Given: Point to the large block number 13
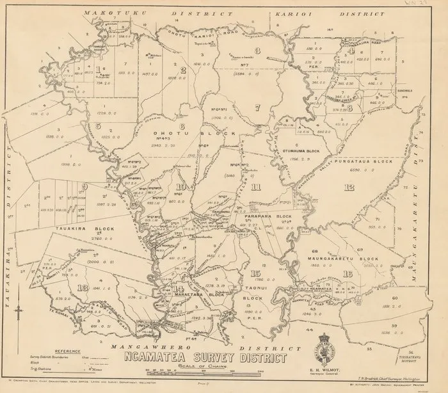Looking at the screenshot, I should point(82,287).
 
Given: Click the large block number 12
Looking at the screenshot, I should point(349,188).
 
